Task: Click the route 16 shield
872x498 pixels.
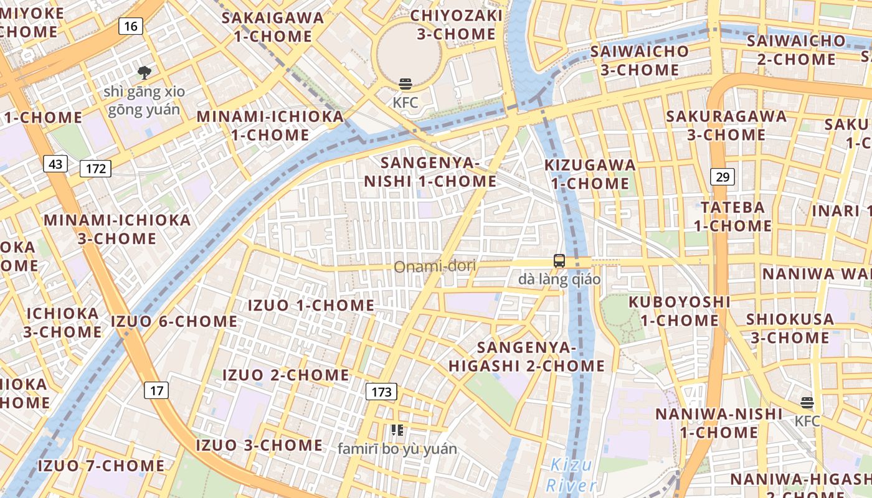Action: tap(130, 26)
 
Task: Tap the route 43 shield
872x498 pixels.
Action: tap(55, 164)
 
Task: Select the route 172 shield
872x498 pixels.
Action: tap(95, 168)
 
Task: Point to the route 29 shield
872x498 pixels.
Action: tap(723, 177)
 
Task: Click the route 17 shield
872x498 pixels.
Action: tap(156, 390)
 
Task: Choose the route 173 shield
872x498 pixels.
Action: tap(381, 392)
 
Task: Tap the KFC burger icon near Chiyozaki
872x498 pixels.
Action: tap(405, 85)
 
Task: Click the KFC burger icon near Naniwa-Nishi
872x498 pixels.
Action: tap(807, 403)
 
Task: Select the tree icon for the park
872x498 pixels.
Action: tap(145, 73)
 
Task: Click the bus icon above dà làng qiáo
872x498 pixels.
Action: tap(559, 261)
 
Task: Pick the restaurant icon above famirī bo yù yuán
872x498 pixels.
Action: tap(397, 430)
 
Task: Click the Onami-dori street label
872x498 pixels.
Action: tap(435, 267)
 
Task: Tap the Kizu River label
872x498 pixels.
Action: tap(571, 475)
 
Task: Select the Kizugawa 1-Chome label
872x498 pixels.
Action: tap(590, 174)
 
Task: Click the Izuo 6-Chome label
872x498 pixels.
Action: tap(174, 322)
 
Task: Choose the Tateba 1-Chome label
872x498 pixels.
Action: tap(732, 216)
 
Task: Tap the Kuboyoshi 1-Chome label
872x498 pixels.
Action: tap(679, 311)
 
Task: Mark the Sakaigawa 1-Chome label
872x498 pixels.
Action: tap(273, 27)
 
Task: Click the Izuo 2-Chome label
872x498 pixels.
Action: tap(286, 375)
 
